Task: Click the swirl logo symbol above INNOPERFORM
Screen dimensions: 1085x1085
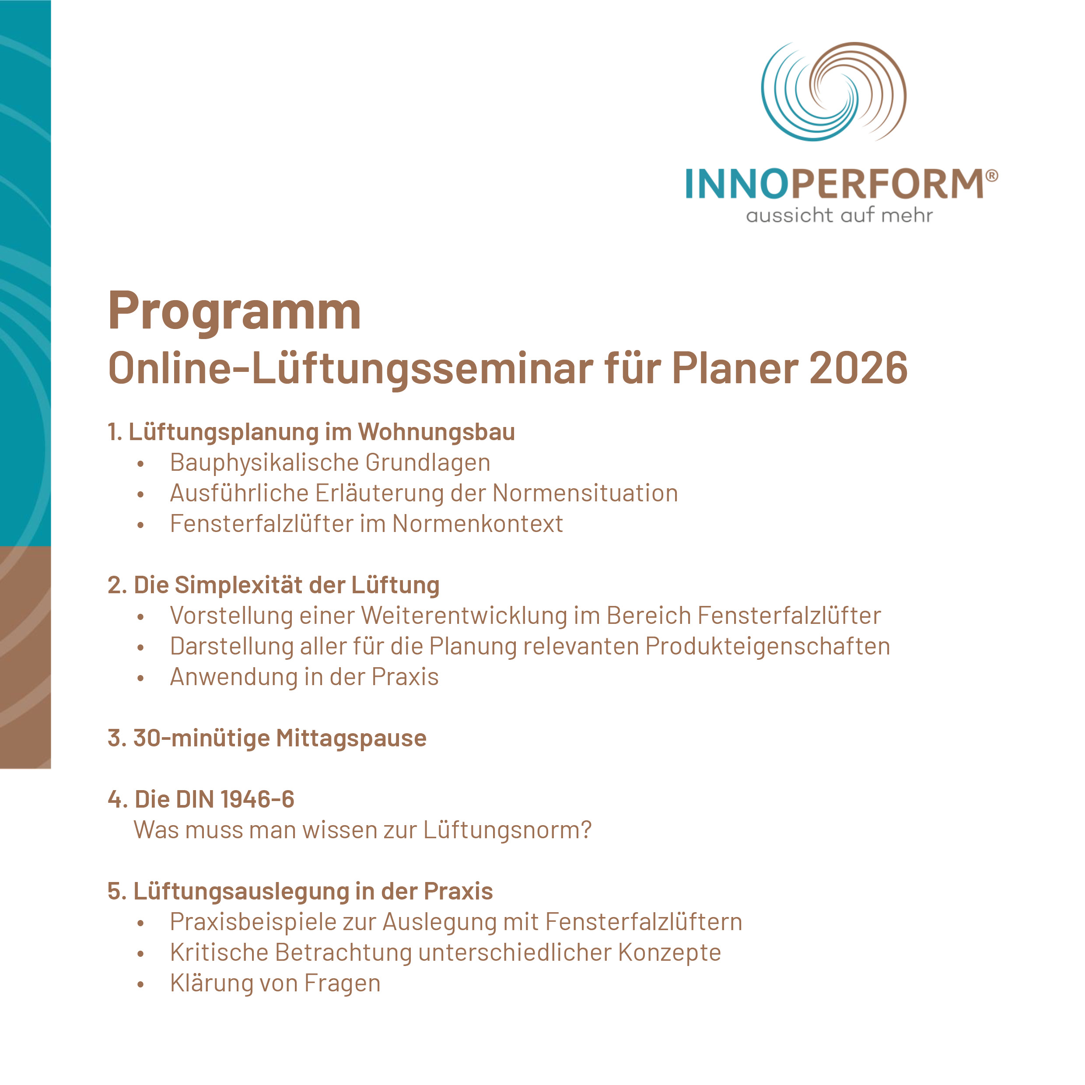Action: click(833, 91)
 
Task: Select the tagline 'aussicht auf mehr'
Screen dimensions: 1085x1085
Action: click(840, 215)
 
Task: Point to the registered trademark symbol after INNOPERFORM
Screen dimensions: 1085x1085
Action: click(992, 176)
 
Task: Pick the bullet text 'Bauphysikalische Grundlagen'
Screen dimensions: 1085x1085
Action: click(330, 463)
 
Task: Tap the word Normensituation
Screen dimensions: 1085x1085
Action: click(585, 493)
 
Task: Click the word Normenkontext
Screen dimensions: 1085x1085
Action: click(477, 524)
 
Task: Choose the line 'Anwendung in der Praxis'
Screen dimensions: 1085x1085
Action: click(304, 677)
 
